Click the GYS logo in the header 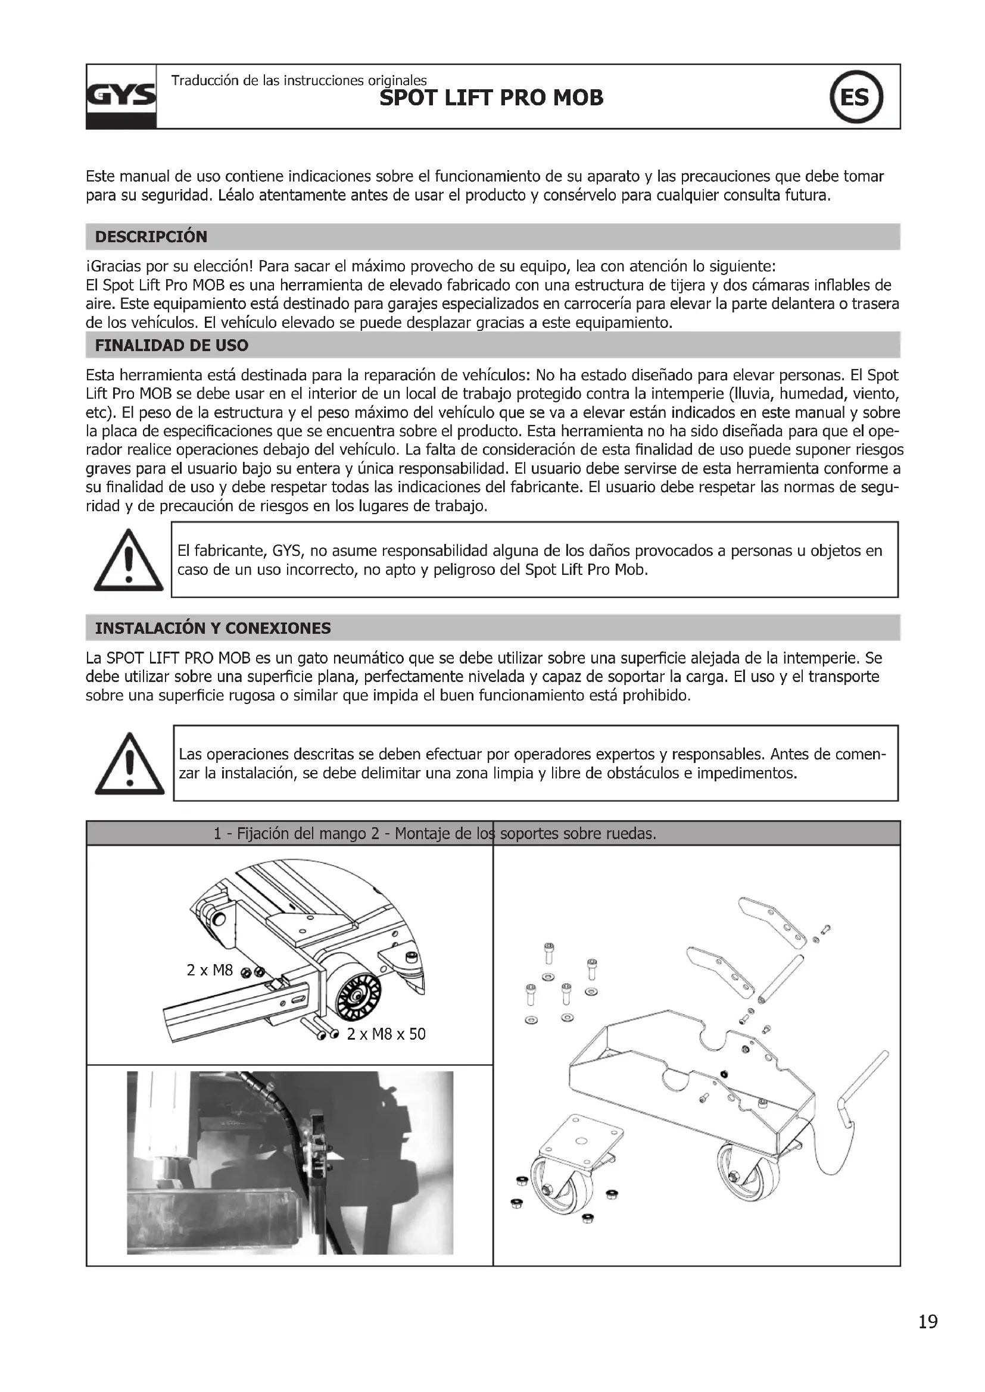pos(121,96)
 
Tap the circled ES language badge pos(856,97)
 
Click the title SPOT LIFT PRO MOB pos(491,98)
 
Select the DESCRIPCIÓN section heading pos(151,237)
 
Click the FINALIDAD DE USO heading pos(172,346)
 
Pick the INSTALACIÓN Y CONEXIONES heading pos(213,628)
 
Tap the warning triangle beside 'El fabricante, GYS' pos(129,561)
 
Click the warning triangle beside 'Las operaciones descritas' pos(129,765)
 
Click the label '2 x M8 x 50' pos(386,1034)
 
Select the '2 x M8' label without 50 pos(209,971)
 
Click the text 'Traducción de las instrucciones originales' pos(299,80)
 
